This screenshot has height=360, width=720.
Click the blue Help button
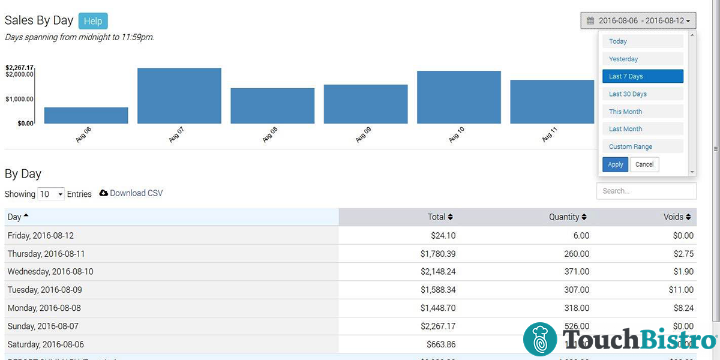point(92,21)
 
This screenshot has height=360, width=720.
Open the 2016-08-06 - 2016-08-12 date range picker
point(638,20)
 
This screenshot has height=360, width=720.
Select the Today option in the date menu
point(643,41)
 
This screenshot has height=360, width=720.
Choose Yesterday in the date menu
point(643,59)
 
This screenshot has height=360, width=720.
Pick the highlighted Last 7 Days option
point(643,76)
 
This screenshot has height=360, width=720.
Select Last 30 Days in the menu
point(643,94)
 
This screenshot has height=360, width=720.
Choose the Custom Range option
point(643,146)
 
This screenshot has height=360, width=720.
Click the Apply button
point(615,164)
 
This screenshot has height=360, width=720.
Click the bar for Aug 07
point(179,95)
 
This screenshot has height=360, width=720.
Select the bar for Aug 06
point(86,115)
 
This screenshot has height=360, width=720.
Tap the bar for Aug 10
point(459,97)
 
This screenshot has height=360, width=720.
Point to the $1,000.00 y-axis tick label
point(19,99)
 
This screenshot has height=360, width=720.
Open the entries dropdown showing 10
point(51,194)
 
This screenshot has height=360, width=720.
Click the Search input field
point(646,191)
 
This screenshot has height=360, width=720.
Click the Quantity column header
point(567,217)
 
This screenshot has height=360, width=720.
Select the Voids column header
point(677,217)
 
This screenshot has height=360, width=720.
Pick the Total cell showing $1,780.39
point(438,254)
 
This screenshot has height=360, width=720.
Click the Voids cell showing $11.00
point(681,290)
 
